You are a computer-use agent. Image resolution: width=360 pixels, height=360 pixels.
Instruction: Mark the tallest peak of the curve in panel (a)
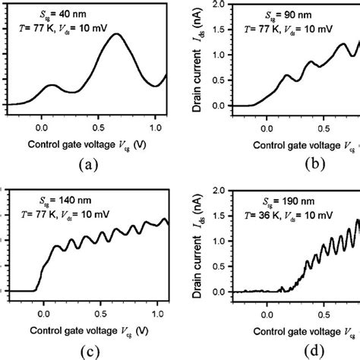pyautogui.click(x=116, y=34)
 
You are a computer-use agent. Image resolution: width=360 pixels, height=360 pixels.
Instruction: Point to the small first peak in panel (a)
pyautogui.click(x=51, y=86)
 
